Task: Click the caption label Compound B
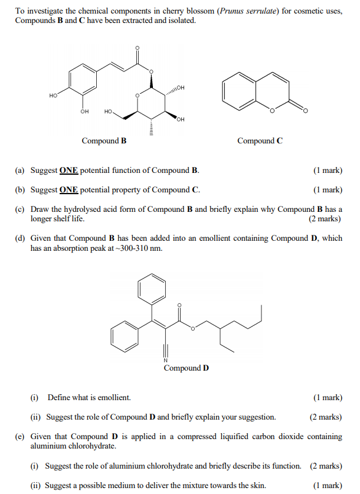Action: [104, 141]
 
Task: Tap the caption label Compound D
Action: [186, 368]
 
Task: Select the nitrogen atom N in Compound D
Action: [166, 361]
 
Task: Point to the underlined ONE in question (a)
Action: [68, 171]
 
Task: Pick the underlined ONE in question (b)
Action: [68, 190]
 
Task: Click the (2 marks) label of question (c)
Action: [325, 219]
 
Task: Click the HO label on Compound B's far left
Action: [54, 95]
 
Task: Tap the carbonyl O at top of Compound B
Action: [138, 48]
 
